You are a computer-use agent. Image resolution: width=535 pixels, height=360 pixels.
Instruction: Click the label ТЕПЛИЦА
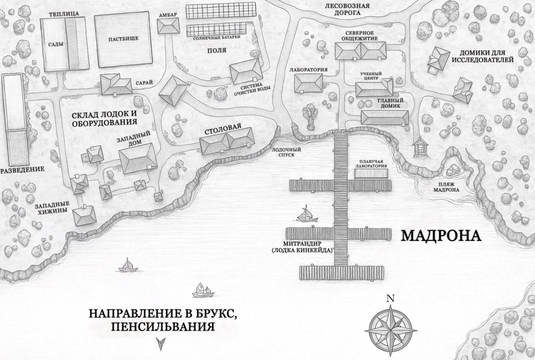(64, 14)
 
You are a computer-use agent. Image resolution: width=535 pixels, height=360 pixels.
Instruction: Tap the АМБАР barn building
(168, 27)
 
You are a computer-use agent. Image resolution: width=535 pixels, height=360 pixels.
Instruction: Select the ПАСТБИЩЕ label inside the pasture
(123, 39)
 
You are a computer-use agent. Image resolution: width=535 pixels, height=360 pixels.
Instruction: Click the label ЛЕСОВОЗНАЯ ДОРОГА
(347, 9)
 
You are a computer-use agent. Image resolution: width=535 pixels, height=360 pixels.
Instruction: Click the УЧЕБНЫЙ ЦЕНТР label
(371, 76)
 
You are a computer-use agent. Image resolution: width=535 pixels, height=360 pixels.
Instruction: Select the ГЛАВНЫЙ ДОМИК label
(390, 103)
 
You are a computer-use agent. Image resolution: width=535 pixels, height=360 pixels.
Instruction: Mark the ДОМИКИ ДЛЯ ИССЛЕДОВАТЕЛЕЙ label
(482, 56)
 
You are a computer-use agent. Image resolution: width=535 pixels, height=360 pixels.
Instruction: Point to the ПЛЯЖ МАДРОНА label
(446, 187)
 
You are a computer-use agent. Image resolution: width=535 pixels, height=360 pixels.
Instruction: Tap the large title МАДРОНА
(441, 236)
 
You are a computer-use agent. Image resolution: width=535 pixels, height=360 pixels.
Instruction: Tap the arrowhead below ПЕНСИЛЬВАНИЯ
(161, 343)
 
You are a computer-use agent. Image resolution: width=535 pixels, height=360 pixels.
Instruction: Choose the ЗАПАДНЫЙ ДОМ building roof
(137, 158)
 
